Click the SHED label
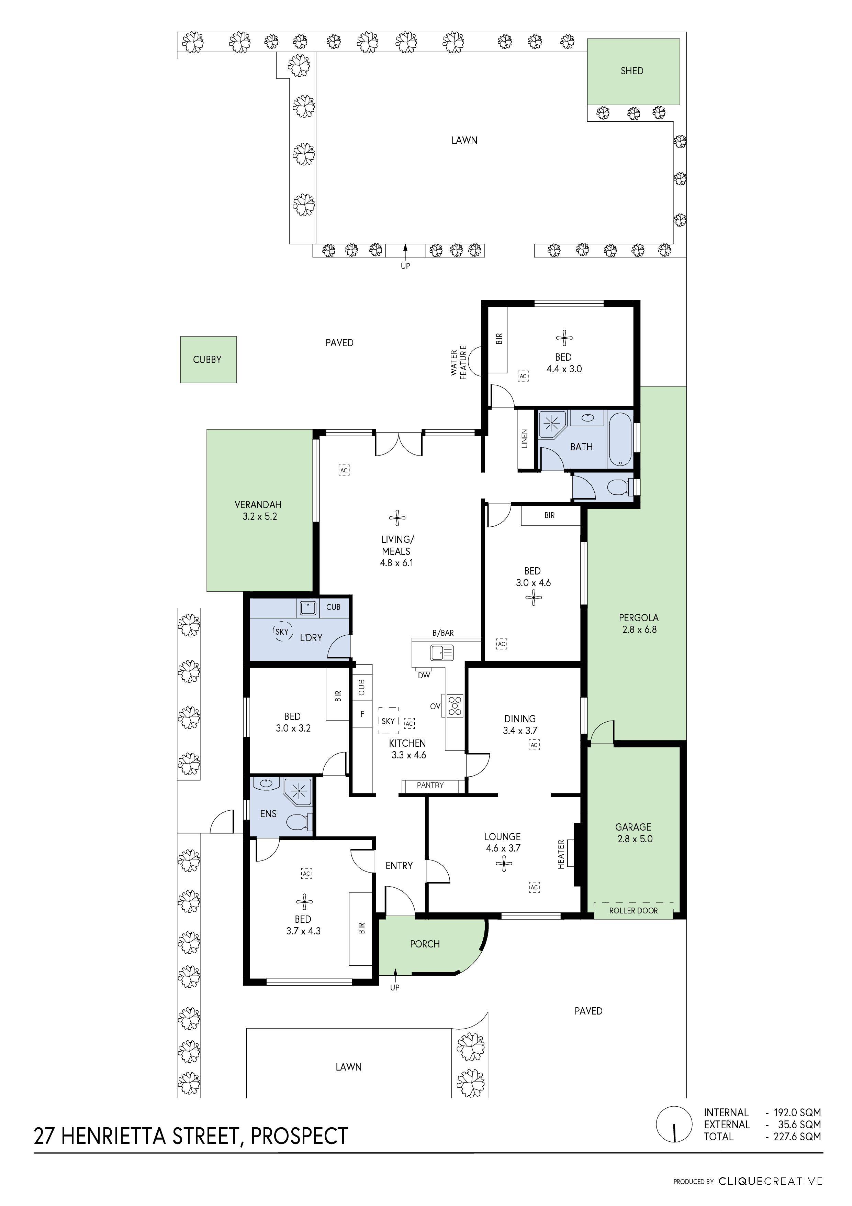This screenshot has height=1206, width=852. pyautogui.click(x=631, y=71)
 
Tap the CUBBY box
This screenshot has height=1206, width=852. pyautogui.click(x=208, y=360)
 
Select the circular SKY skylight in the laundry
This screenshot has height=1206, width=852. pyautogui.click(x=282, y=632)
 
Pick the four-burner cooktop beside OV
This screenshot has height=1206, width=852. pyautogui.click(x=455, y=705)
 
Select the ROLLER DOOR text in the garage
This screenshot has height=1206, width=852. pyautogui.click(x=633, y=911)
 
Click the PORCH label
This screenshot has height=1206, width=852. pyautogui.click(x=425, y=944)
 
